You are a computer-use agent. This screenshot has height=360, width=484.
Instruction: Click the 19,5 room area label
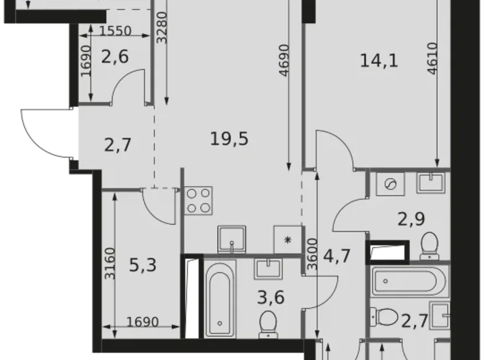[x=229, y=139]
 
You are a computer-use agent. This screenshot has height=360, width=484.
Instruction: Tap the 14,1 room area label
[x=379, y=60]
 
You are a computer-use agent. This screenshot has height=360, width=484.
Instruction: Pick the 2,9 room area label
[x=411, y=219]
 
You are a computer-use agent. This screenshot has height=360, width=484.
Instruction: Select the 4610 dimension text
[x=432, y=58]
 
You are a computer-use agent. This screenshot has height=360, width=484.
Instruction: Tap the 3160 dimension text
[x=110, y=264]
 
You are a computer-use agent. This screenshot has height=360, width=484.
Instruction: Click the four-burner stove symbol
[x=199, y=200]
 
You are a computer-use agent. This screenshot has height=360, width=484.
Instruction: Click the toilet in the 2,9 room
[x=429, y=246]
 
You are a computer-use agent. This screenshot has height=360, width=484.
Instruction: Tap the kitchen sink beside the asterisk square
[x=232, y=240]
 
